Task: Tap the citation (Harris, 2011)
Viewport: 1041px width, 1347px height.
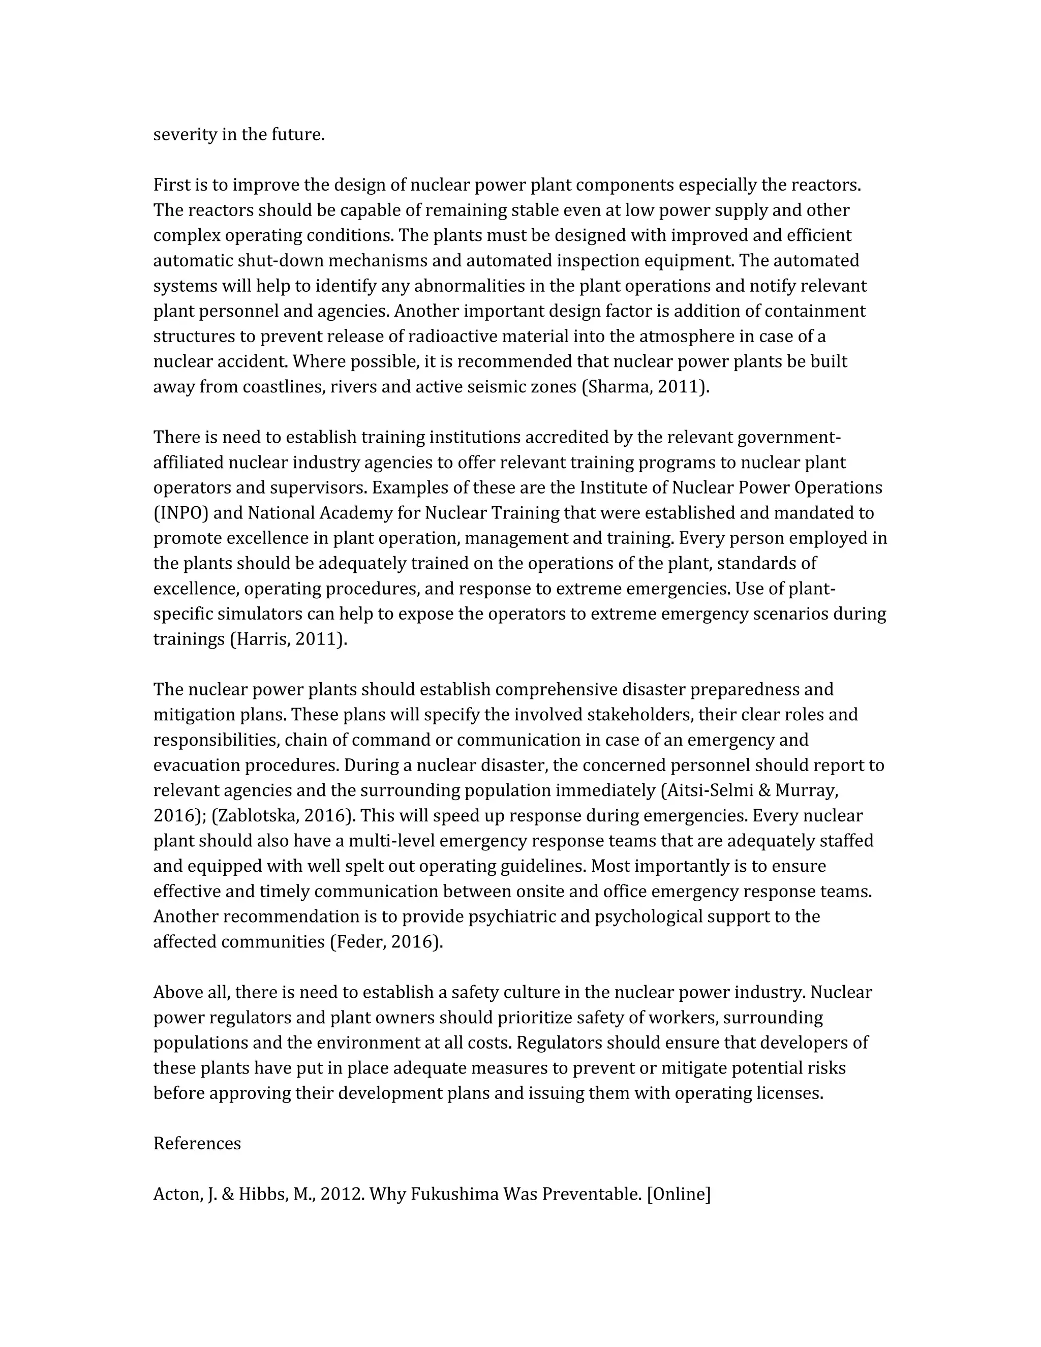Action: click(x=289, y=639)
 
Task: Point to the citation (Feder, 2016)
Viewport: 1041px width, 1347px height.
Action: click(x=387, y=942)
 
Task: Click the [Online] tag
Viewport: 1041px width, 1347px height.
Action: click(x=679, y=1193)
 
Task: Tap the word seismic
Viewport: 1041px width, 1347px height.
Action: click(x=492, y=387)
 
